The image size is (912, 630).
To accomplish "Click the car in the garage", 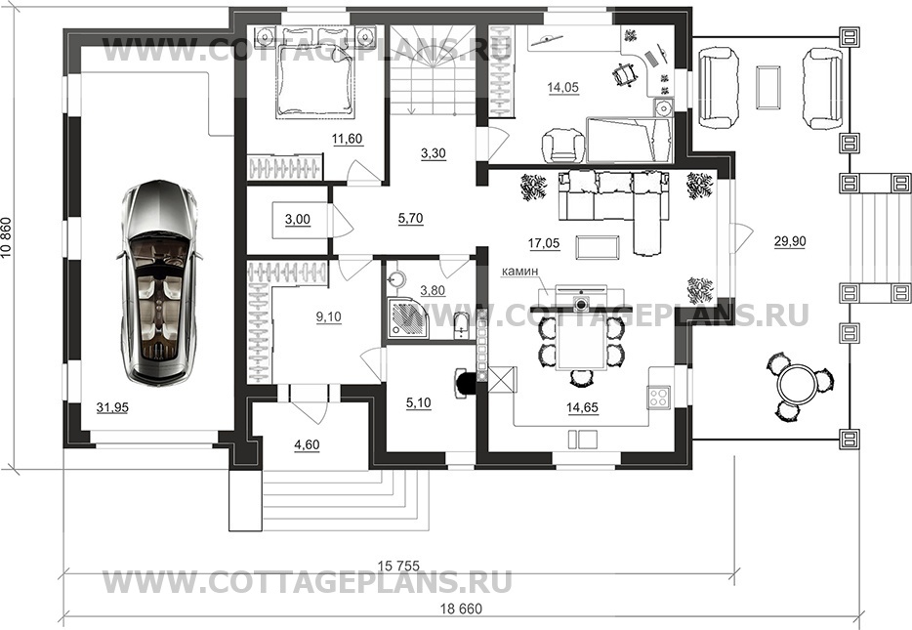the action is click(157, 282).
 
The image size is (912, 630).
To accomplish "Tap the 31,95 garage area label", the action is click(112, 407).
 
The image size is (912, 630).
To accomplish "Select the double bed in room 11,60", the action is click(314, 71).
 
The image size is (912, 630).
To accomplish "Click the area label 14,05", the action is click(563, 87).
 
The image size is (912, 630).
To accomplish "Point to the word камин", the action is click(521, 271).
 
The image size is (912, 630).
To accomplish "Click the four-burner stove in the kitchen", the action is click(659, 398).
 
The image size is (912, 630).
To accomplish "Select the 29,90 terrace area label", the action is click(789, 241).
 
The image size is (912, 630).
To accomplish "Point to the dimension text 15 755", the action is click(399, 565).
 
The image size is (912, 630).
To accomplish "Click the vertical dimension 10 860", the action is click(7, 246).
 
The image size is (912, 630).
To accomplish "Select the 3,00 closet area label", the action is click(297, 220).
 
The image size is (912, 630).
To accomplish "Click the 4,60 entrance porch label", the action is click(307, 445).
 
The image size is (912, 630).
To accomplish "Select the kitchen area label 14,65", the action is click(582, 407).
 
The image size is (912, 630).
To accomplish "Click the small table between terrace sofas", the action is click(767, 87).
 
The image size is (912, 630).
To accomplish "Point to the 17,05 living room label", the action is click(544, 243).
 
